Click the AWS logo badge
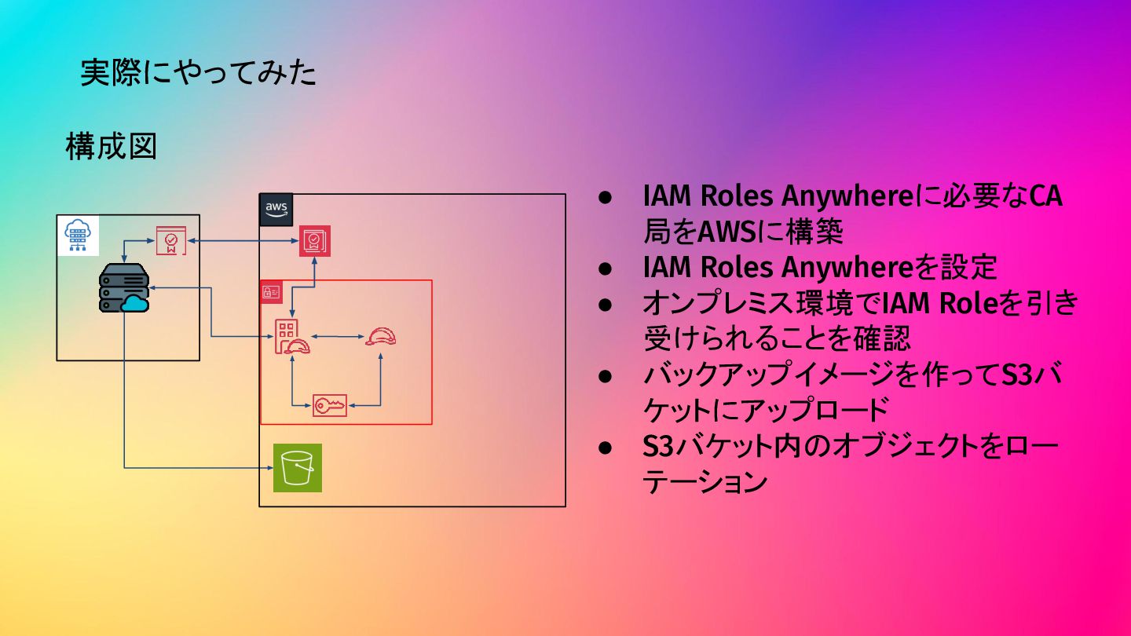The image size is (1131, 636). [x=276, y=210]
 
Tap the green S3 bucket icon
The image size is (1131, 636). [x=298, y=468]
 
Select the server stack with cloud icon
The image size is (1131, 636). [x=124, y=288]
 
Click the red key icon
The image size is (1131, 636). [x=330, y=405]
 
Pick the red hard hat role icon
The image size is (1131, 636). [x=381, y=337]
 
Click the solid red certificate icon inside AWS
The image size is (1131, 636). [x=315, y=241]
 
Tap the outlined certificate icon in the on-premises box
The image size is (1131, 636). [x=170, y=240]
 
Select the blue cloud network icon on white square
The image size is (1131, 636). [x=79, y=235]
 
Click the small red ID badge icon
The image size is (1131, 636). [x=271, y=292]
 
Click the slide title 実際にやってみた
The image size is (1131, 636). [x=199, y=73]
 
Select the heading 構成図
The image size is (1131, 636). [x=111, y=147]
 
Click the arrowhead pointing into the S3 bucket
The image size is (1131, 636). [x=268, y=469]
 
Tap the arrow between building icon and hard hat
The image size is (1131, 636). [x=336, y=338]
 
